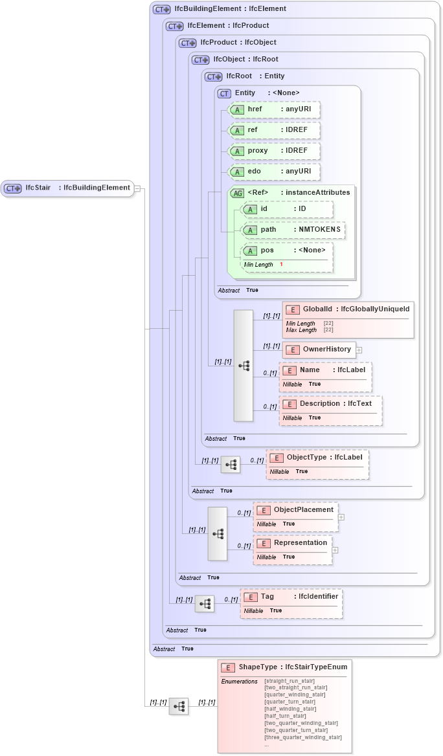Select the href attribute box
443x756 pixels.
(x=275, y=110)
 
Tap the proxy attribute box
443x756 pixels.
(x=275, y=151)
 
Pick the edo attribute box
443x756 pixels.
(x=275, y=172)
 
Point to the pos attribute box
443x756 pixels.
(x=286, y=250)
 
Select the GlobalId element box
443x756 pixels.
(x=348, y=309)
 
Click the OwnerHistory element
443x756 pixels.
(x=319, y=350)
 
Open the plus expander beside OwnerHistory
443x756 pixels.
(x=359, y=350)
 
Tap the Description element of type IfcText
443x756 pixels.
(x=330, y=404)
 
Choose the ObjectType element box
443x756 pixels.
(x=317, y=458)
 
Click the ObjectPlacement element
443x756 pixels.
(x=295, y=510)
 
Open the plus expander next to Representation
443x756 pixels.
(x=335, y=550)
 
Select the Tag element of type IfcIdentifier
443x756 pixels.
(x=291, y=597)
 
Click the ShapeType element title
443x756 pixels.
(x=293, y=667)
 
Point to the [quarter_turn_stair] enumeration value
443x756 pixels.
(x=290, y=702)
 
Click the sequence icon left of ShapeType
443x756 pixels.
(x=179, y=706)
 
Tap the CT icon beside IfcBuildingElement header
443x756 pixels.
(x=161, y=10)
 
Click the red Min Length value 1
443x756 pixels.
(x=281, y=265)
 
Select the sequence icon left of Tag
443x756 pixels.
(x=205, y=604)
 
